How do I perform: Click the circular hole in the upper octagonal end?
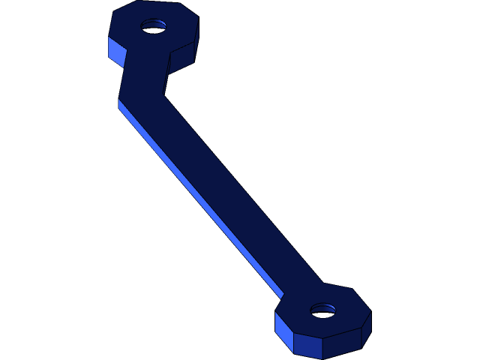point(154,26)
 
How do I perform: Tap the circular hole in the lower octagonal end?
point(323,309)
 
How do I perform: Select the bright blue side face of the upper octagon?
point(116,51)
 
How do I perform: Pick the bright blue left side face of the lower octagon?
point(283,331)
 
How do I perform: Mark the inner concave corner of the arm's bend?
point(164,95)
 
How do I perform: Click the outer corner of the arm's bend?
point(118,100)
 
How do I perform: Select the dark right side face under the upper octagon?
point(182,60)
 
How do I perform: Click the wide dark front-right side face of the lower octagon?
point(341,343)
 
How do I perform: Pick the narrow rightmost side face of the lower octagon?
point(366,329)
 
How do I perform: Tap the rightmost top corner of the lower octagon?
point(371,312)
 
